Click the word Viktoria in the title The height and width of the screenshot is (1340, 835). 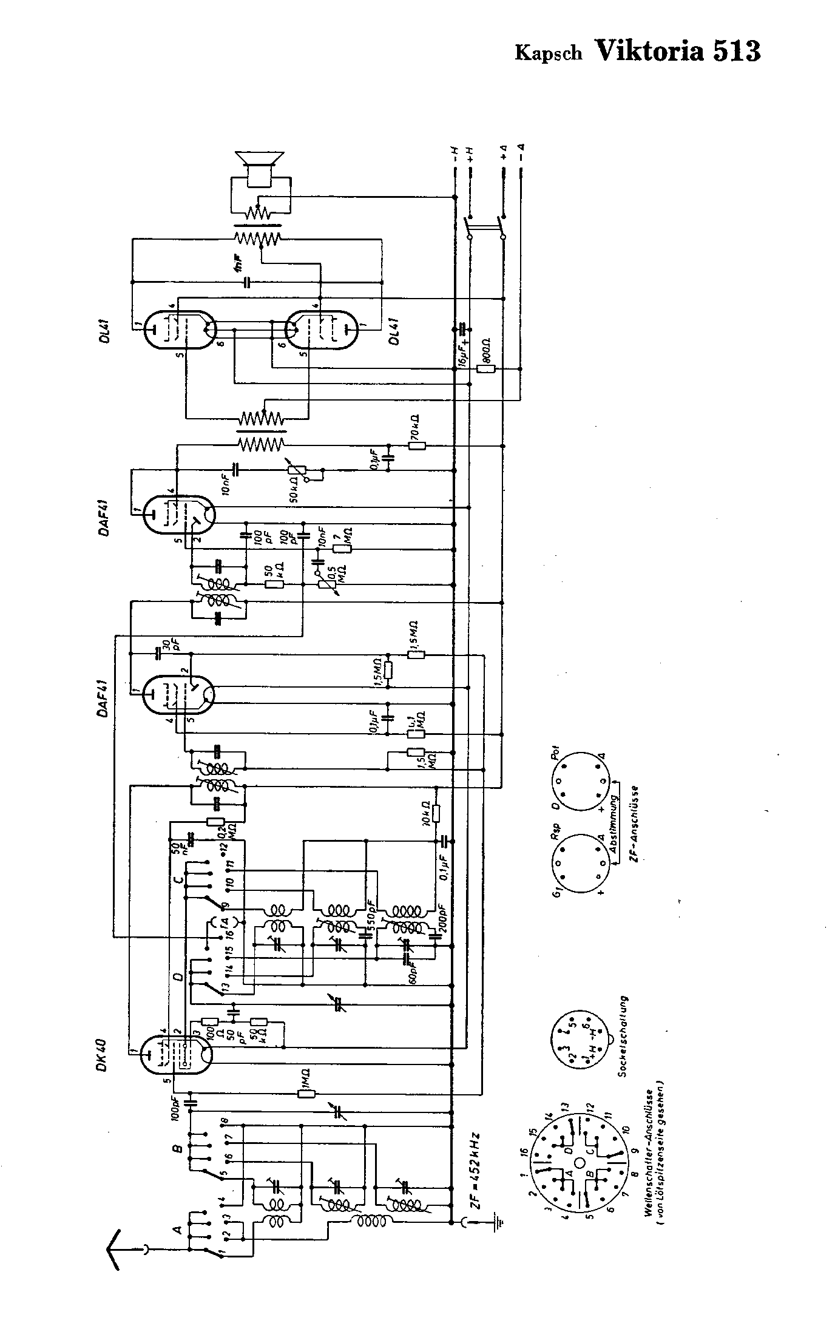[x=650, y=51]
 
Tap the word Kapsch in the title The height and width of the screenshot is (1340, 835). [x=548, y=53]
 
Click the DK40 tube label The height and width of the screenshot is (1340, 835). [x=101, y=1057]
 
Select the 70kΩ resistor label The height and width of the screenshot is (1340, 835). [x=416, y=428]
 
